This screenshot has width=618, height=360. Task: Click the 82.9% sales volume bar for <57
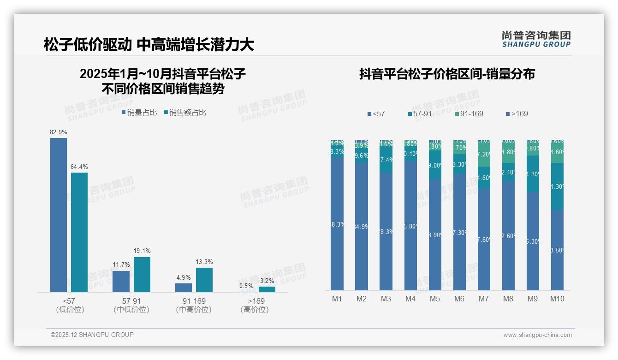(x=59, y=215)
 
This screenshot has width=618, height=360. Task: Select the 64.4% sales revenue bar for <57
(x=79, y=232)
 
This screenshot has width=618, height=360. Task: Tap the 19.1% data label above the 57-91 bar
(x=142, y=251)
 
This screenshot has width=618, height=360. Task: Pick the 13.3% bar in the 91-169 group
(x=204, y=280)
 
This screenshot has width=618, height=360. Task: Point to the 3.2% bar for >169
(x=267, y=289)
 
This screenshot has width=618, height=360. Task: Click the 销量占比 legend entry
(x=139, y=112)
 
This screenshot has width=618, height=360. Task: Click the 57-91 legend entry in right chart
(x=421, y=114)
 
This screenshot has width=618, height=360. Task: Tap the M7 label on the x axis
(x=483, y=299)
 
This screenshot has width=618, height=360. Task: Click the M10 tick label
(x=557, y=299)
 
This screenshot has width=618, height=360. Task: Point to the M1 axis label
(x=337, y=299)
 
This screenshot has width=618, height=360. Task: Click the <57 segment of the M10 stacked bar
(x=557, y=250)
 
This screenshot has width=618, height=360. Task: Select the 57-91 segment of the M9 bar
(x=533, y=174)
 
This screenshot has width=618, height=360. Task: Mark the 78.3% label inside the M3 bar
(x=386, y=232)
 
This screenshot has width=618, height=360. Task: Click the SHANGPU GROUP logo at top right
(x=536, y=39)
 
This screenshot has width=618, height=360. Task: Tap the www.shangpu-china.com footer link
(x=537, y=335)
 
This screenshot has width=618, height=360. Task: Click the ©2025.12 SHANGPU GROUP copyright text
(x=92, y=335)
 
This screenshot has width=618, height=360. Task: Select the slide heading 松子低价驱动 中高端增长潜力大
(x=149, y=45)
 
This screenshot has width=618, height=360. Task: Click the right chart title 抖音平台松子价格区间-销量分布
(x=447, y=74)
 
